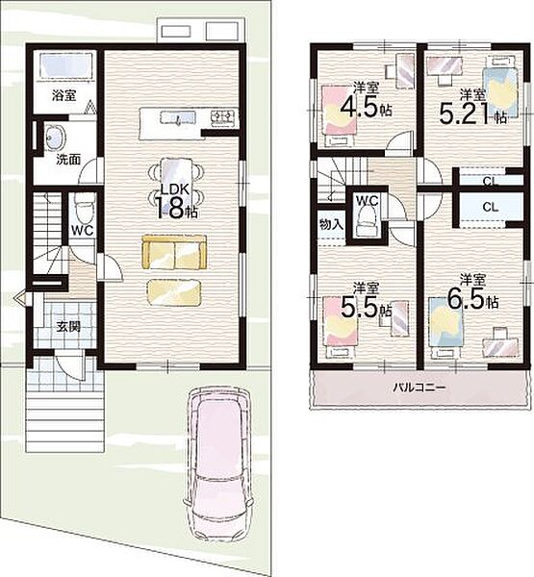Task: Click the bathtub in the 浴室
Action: [x=65, y=65]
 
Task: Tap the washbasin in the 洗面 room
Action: [x=55, y=137]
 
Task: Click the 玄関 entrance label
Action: [x=68, y=326]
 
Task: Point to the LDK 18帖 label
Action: [x=175, y=202]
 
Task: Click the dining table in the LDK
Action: [x=176, y=180]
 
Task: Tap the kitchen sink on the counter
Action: [x=178, y=117]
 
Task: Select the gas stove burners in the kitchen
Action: [x=223, y=117]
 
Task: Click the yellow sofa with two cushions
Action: [x=174, y=252]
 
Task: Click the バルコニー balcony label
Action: [x=420, y=388]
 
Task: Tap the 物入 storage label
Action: [x=331, y=224]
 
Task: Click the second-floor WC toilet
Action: [x=368, y=220]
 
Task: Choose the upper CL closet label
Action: [x=490, y=181]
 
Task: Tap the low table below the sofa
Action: [x=174, y=292]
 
